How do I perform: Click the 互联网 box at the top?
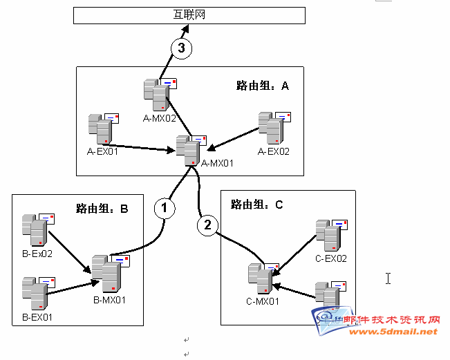(x=189, y=15)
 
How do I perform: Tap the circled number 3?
(x=182, y=48)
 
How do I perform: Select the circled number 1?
(x=164, y=208)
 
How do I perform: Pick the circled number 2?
(x=207, y=225)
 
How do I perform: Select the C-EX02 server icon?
(x=330, y=236)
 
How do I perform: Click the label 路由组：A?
(x=262, y=86)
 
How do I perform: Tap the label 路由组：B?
(x=102, y=209)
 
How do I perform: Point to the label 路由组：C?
(x=257, y=205)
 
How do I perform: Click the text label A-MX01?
(x=217, y=164)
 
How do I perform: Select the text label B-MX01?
(x=110, y=301)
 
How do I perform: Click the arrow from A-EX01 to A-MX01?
(x=145, y=146)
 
